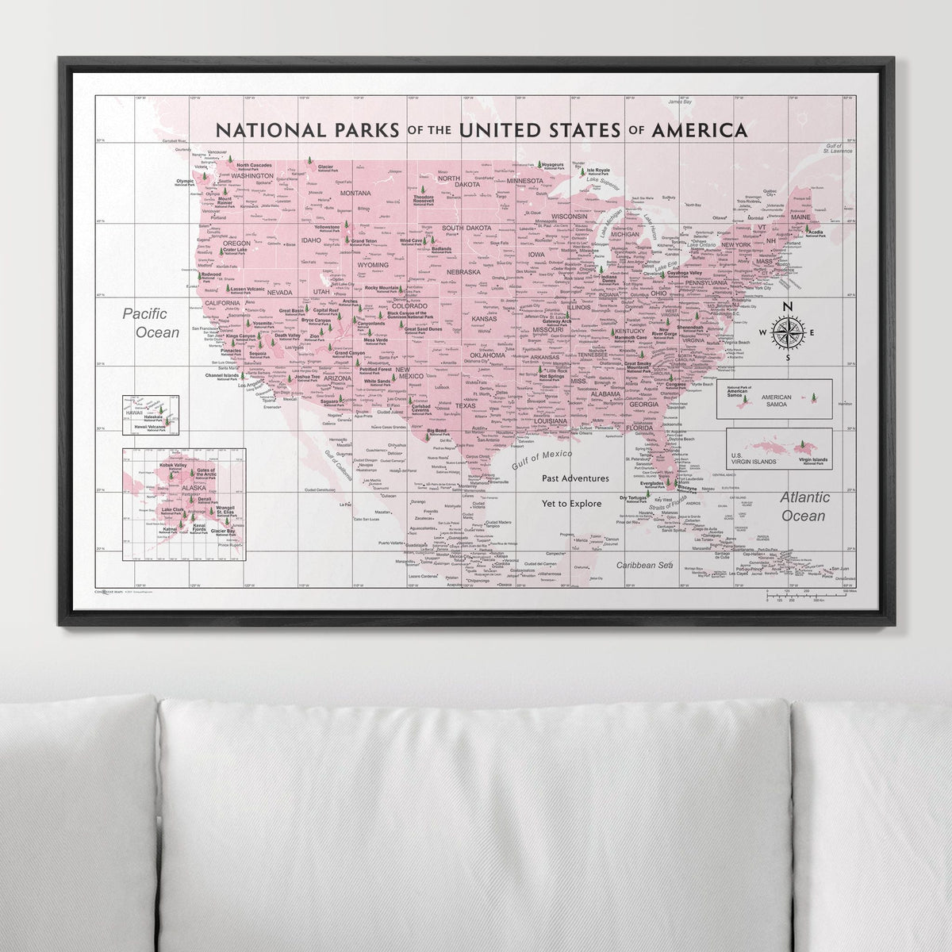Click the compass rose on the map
[x=787, y=332]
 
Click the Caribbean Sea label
[x=645, y=566]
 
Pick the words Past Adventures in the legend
[x=575, y=478]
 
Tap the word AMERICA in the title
[x=696, y=129]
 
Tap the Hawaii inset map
[x=151, y=415]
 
